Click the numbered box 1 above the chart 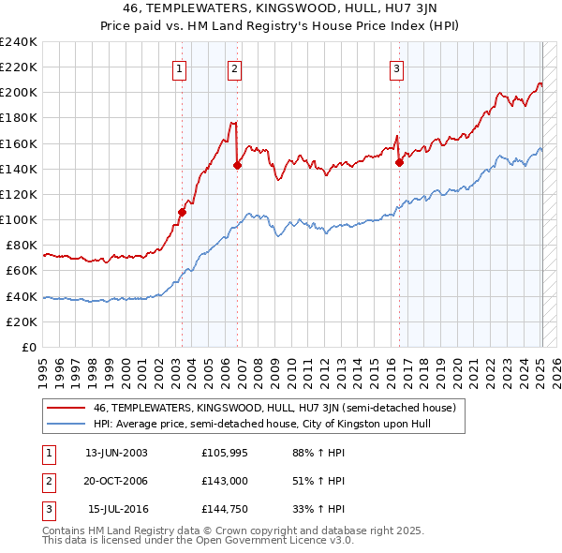tap(179, 67)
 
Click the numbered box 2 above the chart tap(234, 67)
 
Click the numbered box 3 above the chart tap(397, 67)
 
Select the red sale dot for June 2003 tap(183, 212)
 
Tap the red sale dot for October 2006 tap(237, 165)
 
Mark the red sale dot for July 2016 tap(399, 162)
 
